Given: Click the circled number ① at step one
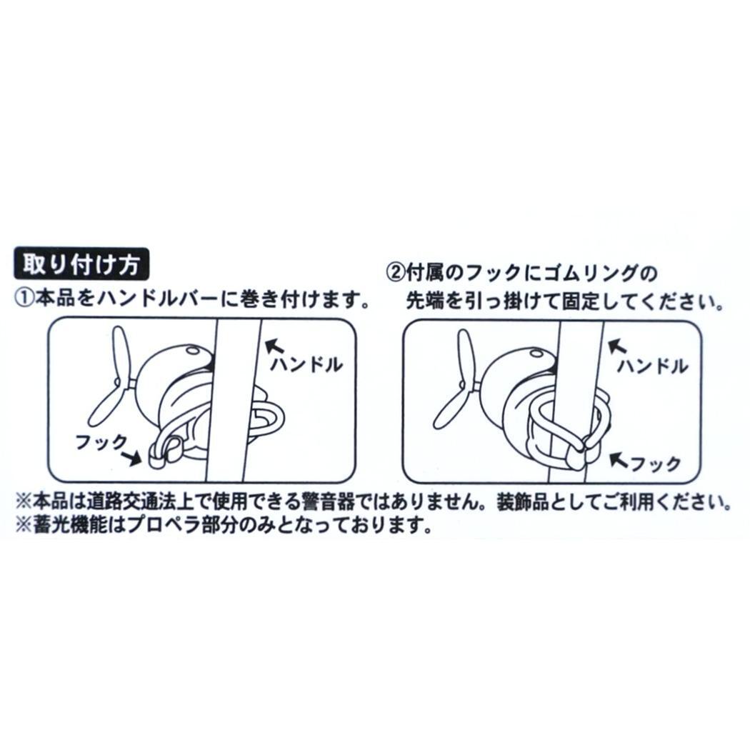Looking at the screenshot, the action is tap(24, 301).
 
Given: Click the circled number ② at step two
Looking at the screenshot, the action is tap(395, 274).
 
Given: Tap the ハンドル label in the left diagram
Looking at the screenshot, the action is tap(306, 365).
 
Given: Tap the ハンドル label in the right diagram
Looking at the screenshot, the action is tap(653, 366).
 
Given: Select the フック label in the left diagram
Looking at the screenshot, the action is tap(101, 441).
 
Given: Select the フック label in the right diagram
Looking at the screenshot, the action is tap(656, 463).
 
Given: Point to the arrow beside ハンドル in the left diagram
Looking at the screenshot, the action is tap(274, 346).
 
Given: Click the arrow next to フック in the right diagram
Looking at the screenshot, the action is tap(619, 460).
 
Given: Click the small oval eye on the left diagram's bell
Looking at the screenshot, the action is tap(194, 351).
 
